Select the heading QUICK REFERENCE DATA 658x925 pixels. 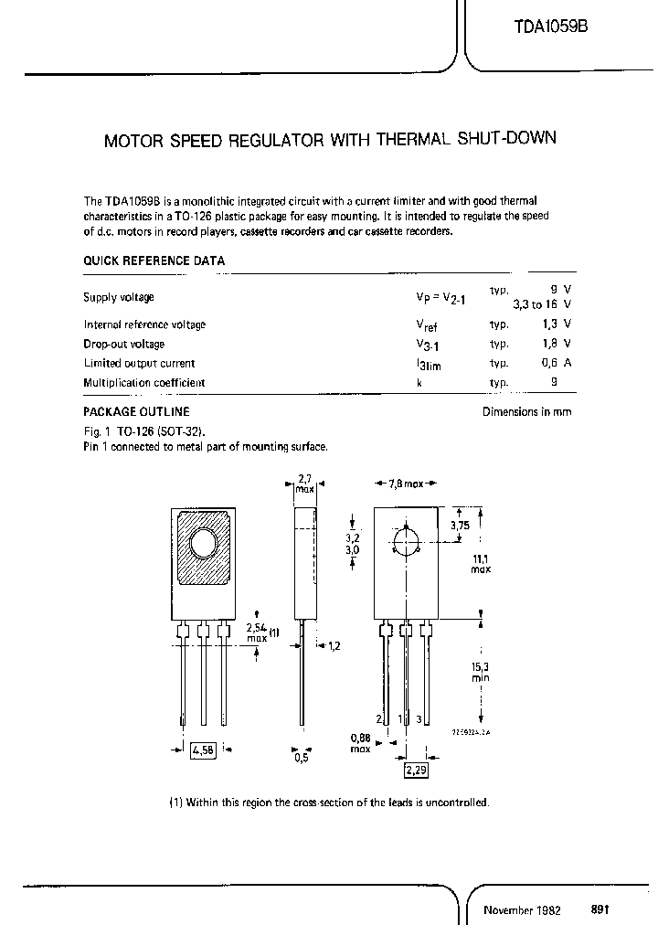[x=154, y=260]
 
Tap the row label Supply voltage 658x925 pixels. [x=119, y=297]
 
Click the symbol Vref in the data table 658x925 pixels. [x=426, y=325]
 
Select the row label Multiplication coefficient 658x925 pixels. [x=144, y=383]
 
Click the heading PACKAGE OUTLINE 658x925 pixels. [x=136, y=412]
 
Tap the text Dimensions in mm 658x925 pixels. [x=526, y=412]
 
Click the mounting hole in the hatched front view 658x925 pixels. [x=203, y=546]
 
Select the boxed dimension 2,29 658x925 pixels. [x=417, y=771]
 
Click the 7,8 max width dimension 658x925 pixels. [x=406, y=483]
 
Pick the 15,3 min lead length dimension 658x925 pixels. [x=481, y=673]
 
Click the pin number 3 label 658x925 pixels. [x=419, y=720]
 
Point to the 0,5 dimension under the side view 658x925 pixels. [x=302, y=757]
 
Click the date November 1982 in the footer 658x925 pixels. [x=522, y=910]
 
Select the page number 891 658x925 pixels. [x=600, y=909]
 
